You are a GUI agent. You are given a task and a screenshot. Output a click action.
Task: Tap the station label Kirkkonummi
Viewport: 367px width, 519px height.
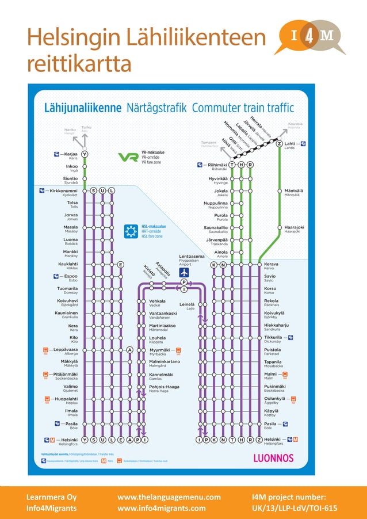pyautogui.click(x=63, y=190)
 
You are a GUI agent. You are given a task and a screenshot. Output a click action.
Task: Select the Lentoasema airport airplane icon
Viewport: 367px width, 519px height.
pyautogui.click(x=184, y=273)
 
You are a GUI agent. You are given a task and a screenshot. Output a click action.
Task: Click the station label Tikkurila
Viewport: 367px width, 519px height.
pyautogui.click(x=276, y=337)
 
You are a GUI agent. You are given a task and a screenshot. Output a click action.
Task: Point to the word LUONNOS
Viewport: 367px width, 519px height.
pyautogui.click(x=273, y=458)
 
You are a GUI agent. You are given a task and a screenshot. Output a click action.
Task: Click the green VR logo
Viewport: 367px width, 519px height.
pyautogui.click(x=128, y=157)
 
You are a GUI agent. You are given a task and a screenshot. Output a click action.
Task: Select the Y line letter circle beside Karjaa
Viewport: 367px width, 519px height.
pyautogui.click(x=85, y=154)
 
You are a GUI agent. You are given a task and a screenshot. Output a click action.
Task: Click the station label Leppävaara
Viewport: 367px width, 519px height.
pyautogui.click(x=66, y=350)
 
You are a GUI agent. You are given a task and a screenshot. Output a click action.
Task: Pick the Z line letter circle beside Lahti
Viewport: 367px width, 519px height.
pyautogui.click(x=279, y=144)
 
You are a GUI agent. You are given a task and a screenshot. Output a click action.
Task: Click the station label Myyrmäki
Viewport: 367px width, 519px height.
pyautogui.click(x=159, y=350)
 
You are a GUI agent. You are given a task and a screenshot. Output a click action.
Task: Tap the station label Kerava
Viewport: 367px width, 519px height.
pyautogui.click(x=271, y=264)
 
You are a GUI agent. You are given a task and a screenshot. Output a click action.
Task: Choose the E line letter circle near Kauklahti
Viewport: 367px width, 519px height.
pyautogui.click(x=121, y=265)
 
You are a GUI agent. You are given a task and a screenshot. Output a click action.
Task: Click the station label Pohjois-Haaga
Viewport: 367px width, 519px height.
pyautogui.click(x=165, y=387)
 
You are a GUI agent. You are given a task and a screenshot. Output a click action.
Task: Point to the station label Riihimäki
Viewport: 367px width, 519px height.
pyautogui.click(x=217, y=165)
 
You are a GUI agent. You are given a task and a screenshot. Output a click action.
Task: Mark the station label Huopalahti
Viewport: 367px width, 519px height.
pyautogui.click(x=67, y=399)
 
